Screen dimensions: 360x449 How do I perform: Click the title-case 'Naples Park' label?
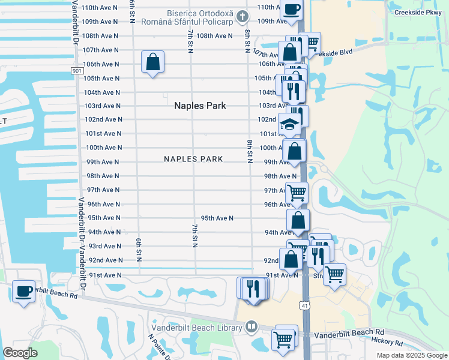click(x=200, y=106)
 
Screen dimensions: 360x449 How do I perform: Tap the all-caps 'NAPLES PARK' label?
click(x=194, y=159)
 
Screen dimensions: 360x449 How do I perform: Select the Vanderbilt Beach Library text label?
click(x=197, y=327)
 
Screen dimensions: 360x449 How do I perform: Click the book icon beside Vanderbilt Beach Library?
click(x=252, y=327)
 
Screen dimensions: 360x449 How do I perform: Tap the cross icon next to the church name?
click(x=242, y=15)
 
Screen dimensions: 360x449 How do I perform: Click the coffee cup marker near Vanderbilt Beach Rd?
click(x=24, y=291)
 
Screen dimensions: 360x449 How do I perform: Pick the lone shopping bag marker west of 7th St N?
click(x=152, y=61)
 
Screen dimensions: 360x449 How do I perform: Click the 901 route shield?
click(x=77, y=71)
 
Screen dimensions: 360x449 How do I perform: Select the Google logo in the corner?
click(x=20, y=352)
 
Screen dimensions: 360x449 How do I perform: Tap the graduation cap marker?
click(x=290, y=125)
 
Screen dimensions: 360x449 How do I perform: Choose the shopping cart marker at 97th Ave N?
click(x=297, y=193)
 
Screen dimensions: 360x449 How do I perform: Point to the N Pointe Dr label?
click(x=158, y=345)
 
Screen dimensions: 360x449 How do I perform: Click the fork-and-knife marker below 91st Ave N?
click(x=254, y=288)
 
